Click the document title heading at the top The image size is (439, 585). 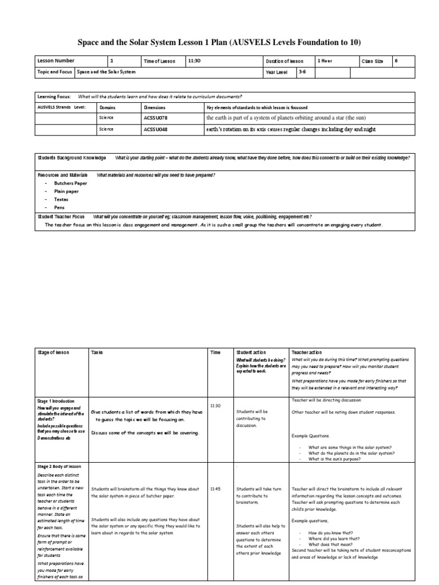219,43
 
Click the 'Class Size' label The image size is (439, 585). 372,61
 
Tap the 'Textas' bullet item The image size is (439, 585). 61,199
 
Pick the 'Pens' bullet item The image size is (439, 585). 59,207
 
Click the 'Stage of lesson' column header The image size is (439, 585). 53,352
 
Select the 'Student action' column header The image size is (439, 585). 251,352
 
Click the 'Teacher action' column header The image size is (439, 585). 307,352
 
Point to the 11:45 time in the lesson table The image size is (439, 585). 215,489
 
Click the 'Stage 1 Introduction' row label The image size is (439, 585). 55,401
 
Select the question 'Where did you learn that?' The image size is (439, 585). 334,538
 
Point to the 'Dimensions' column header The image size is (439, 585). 155,107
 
